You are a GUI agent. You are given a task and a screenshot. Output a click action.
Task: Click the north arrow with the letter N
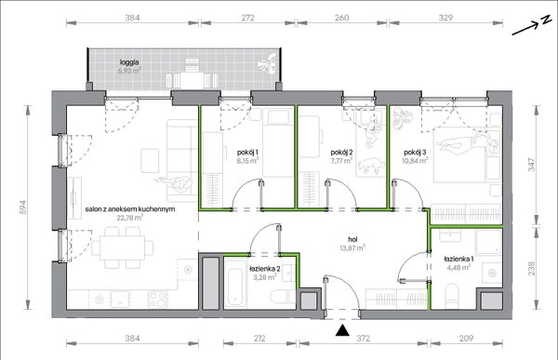(x=531, y=26)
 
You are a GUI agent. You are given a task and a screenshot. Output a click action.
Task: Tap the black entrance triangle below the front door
(x=342, y=330)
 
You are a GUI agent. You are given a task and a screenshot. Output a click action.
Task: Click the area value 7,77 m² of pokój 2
(x=341, y=160)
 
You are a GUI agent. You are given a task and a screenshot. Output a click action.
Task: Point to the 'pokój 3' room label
(x=415, y=153)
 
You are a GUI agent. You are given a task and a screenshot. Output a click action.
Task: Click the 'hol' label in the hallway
(x=352, y=240)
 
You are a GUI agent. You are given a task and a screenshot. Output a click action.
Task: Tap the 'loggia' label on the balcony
(x=129, y=62)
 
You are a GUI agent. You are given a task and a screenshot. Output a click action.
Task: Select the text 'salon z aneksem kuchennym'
(x=130, y=209)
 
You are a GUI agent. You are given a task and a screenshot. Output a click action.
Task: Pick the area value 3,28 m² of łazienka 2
(x=265, y=276)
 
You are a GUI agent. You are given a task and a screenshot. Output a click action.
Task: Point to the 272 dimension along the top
(x=247, y=18)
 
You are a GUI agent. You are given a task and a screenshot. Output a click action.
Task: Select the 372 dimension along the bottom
(x=364, y=338)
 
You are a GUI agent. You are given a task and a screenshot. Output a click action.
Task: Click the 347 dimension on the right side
(x=531, y=165)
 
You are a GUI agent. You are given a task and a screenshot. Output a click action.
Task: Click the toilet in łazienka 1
(x=452, y=295)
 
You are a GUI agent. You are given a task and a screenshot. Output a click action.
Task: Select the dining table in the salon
(x=123, y=247)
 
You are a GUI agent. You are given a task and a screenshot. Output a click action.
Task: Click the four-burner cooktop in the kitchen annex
(x=157, y=299)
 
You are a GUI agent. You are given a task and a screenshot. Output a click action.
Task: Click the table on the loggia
(x=192, y=80)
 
